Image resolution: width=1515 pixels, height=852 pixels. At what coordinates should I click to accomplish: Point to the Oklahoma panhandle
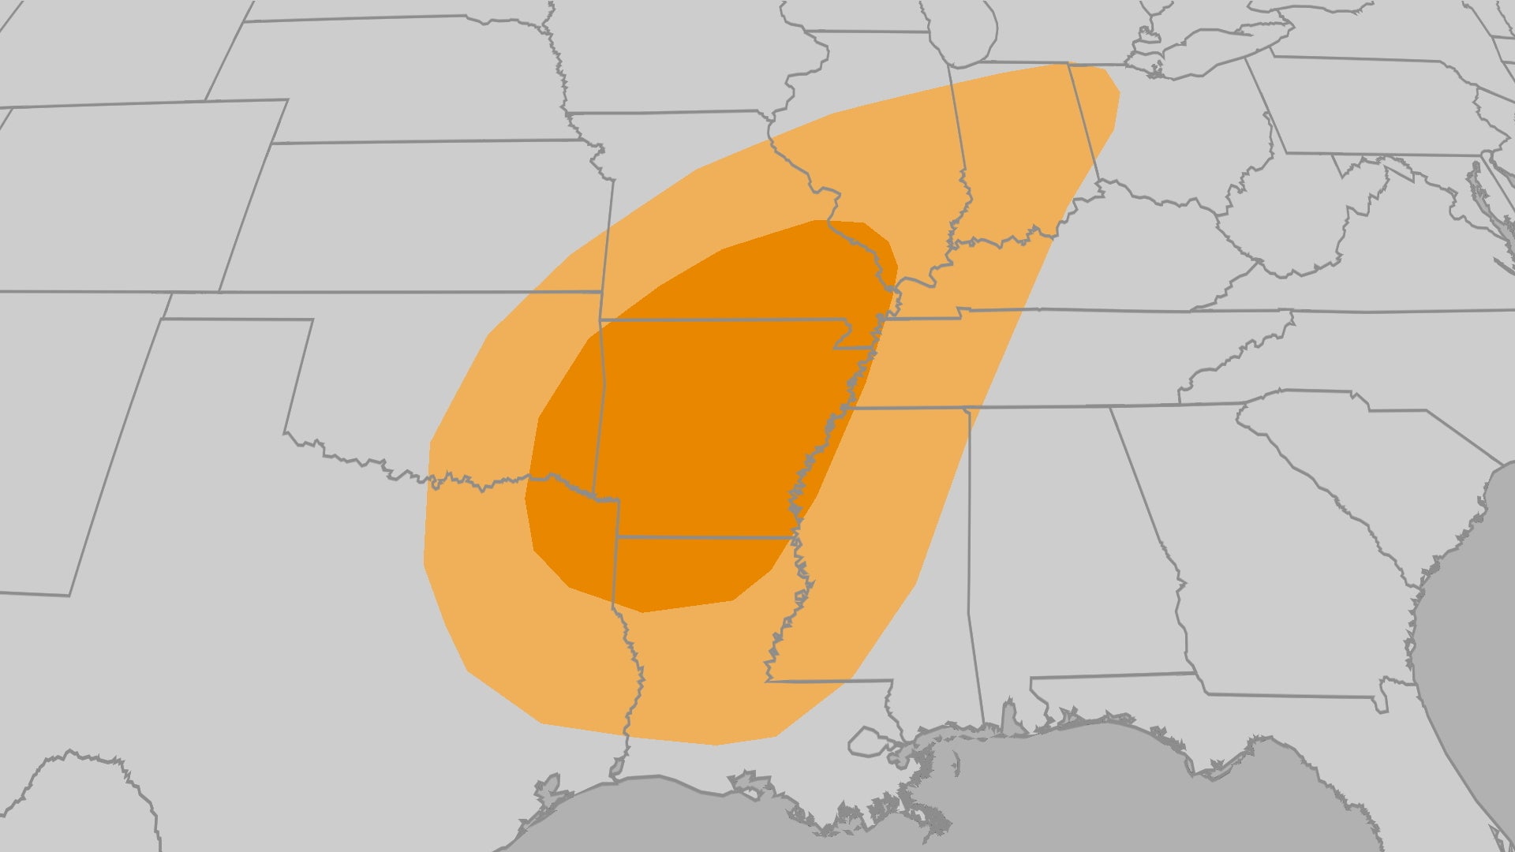point(237,306)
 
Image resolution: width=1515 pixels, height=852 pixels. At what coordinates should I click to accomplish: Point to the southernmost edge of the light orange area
point(714,744)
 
